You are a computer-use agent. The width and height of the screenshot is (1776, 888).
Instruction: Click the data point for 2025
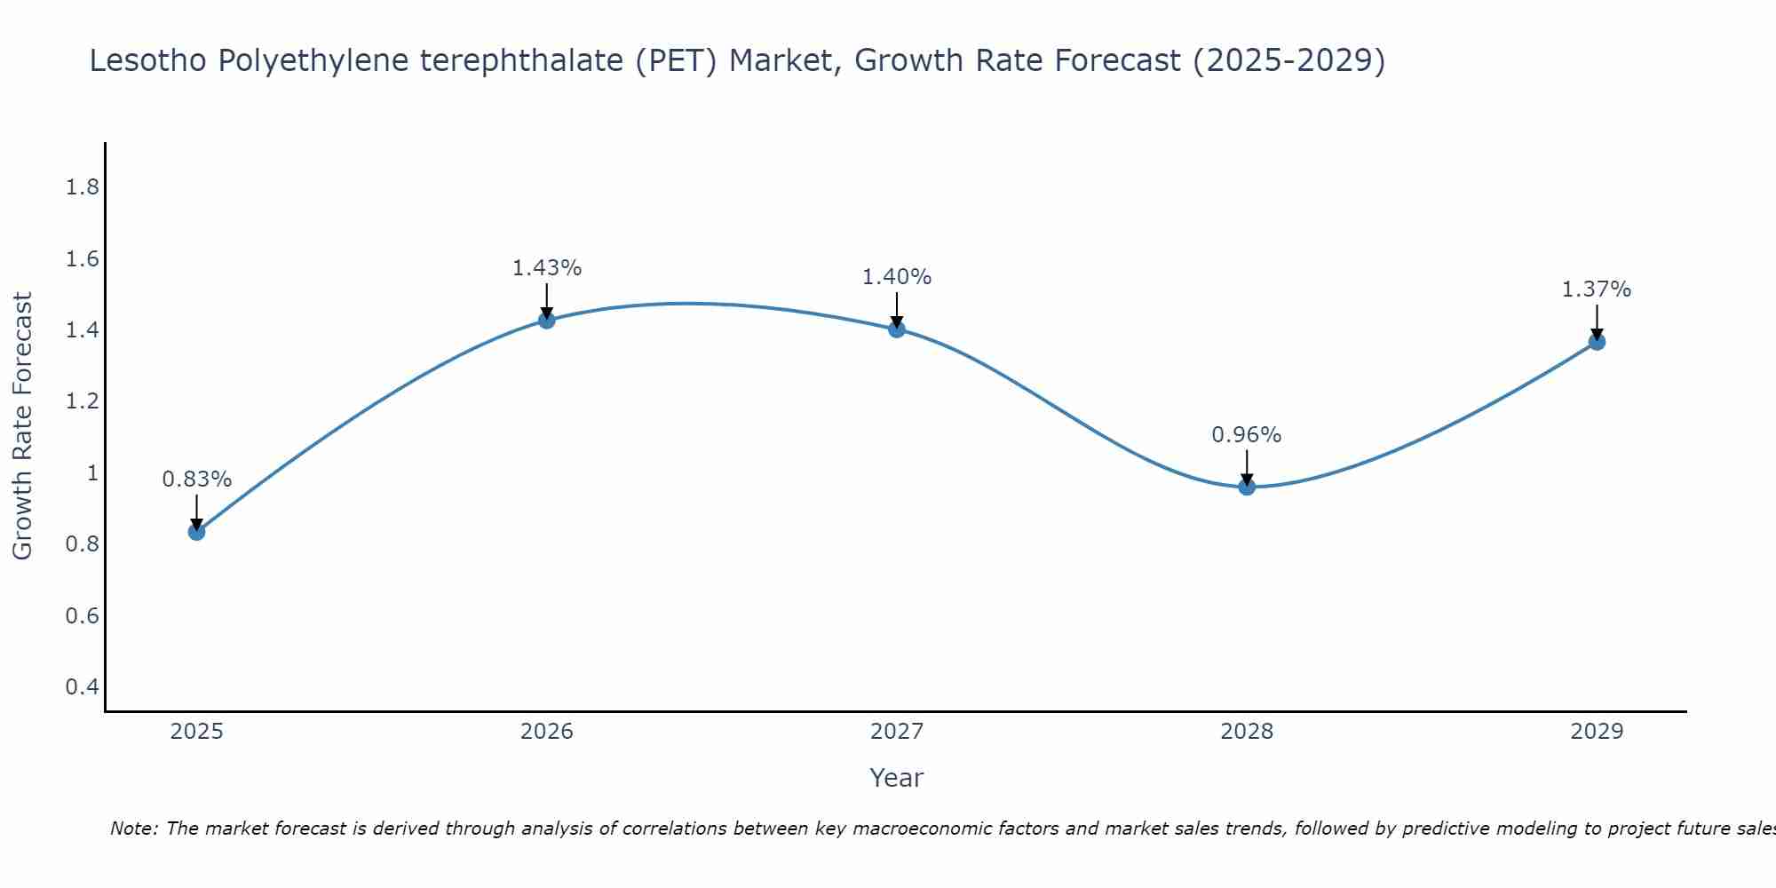coord(197,532)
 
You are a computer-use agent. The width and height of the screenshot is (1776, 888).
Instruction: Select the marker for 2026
coord(547,320)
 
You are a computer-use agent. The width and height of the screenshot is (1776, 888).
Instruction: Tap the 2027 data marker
coord(897,329)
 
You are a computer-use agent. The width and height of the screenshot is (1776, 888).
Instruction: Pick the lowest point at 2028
coord(1247,487)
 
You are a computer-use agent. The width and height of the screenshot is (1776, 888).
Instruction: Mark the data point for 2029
coord(1597,342)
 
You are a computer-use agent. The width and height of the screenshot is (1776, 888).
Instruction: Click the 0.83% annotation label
coord(197,480)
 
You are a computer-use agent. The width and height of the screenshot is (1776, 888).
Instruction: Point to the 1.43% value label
coord(547,268)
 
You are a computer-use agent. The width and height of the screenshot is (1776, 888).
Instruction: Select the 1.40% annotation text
coord(897,277)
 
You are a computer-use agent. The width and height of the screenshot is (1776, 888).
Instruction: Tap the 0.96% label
coord(1247,435)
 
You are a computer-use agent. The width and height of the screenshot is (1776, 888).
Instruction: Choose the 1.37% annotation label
coord(1597,289)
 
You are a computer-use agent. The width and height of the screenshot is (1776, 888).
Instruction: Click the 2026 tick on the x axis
coord(547,732)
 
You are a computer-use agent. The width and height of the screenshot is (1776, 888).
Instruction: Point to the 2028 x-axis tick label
coord(1247,732)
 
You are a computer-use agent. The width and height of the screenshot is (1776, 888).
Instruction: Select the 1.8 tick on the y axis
coord(83,187)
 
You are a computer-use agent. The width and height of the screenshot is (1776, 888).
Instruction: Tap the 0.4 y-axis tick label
coord(83,687)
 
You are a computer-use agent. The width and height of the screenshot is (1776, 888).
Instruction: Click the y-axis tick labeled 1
coord(92,473)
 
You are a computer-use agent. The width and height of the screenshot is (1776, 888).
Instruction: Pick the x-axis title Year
coord(897,778)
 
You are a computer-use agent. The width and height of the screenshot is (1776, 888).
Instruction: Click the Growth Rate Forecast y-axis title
coord(22,426)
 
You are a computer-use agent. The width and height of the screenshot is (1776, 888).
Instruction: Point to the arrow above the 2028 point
coord(1247,467)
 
